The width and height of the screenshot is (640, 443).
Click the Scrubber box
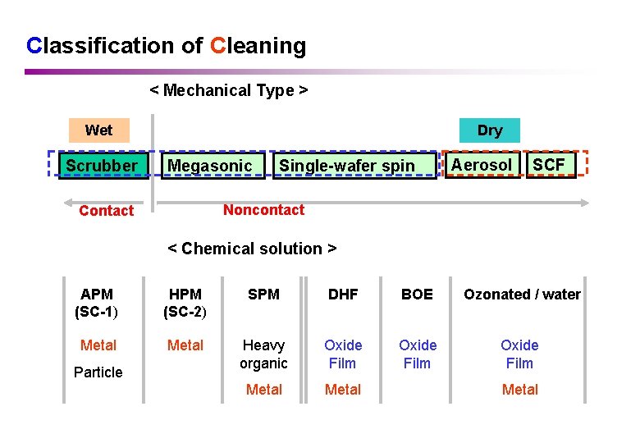[102, 166]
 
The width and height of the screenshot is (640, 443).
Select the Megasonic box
[210, 166]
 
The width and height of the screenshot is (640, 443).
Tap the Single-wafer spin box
[347, 166]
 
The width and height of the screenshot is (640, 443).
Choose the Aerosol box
[482, 165]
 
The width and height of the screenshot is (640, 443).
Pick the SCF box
[549, 165]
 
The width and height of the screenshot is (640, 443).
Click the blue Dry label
[490, 130]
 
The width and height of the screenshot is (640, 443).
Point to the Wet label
[98, 130]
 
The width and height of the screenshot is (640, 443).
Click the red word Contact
[106, 211]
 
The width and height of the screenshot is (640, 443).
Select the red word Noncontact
[263, 210]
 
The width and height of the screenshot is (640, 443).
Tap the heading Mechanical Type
[229, 90]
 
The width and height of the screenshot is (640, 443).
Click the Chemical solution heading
[252, 249]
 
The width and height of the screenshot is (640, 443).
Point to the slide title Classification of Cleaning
[167, 46]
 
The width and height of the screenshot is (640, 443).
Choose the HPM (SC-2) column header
[185, 303]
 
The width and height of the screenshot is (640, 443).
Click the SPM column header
[263, 295]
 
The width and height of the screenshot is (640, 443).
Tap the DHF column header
[343, 295]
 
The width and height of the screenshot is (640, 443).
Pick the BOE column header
[417, 295]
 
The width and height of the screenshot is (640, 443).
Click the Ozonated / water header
[522, 295]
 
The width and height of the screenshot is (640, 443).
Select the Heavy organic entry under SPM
[263, 354]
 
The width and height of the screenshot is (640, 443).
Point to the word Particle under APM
[98, 372]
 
